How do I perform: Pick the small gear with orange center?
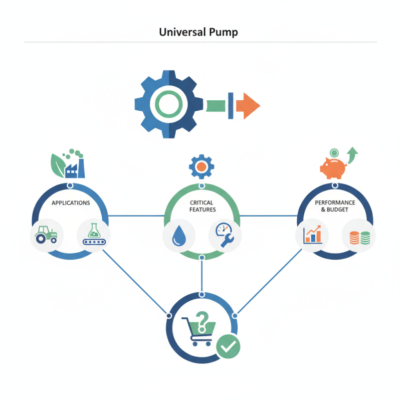(x=202, y=167)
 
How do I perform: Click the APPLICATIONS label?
(x=71, y=203)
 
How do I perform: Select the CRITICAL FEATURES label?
(x=202, y=206)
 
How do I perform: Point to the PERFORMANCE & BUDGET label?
(x=335, y=206)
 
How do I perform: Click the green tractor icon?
(x=46, y=235)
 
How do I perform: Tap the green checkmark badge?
(x=229, y=346)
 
